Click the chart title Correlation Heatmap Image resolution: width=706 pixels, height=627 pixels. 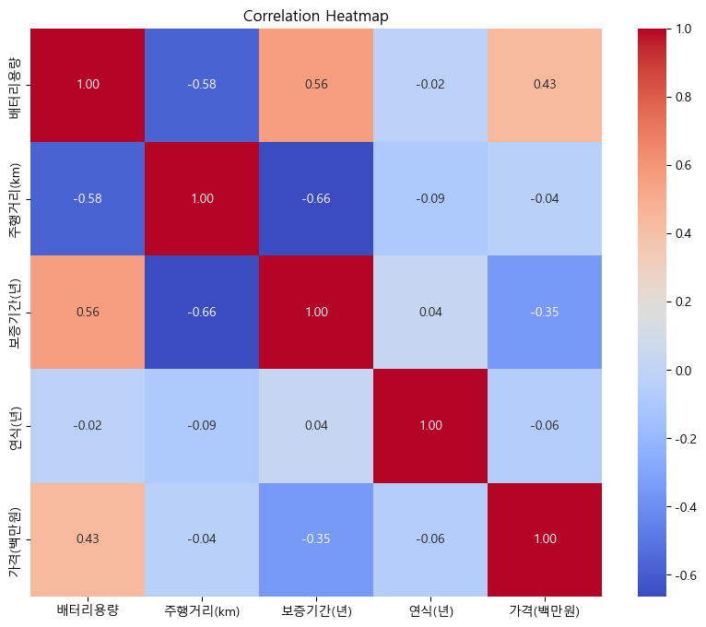tap(316, 16)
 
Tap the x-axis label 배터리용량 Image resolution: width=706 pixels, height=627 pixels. tap(88, 610)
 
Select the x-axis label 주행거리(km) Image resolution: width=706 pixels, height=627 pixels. tap(202, 610)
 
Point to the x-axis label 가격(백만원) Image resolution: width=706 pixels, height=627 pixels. tap(545, 610)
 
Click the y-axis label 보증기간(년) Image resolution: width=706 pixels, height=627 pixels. tap(16, 313)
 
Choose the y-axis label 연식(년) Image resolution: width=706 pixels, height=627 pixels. tap(16, 426)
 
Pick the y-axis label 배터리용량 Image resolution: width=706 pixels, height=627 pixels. tap(16, 85)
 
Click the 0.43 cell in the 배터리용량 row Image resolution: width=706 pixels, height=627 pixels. tap(545, 85)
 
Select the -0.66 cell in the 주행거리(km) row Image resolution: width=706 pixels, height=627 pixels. tap(316, 198)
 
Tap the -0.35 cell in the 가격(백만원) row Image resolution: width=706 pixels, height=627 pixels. tap(316, 540)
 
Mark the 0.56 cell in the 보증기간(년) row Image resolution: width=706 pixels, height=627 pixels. tap(88, 313)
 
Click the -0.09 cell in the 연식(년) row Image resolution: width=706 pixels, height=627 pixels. tap(202, 426)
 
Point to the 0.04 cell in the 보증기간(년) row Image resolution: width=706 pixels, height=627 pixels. tap(430, 313)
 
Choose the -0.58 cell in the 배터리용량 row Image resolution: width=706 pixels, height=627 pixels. tap(202, 85)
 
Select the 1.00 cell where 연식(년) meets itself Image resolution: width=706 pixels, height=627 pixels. tap(430, 426)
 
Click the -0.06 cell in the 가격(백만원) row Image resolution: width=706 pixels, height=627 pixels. tap(430, 540)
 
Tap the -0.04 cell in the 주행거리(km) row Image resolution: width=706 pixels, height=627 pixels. tap(545, 198)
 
